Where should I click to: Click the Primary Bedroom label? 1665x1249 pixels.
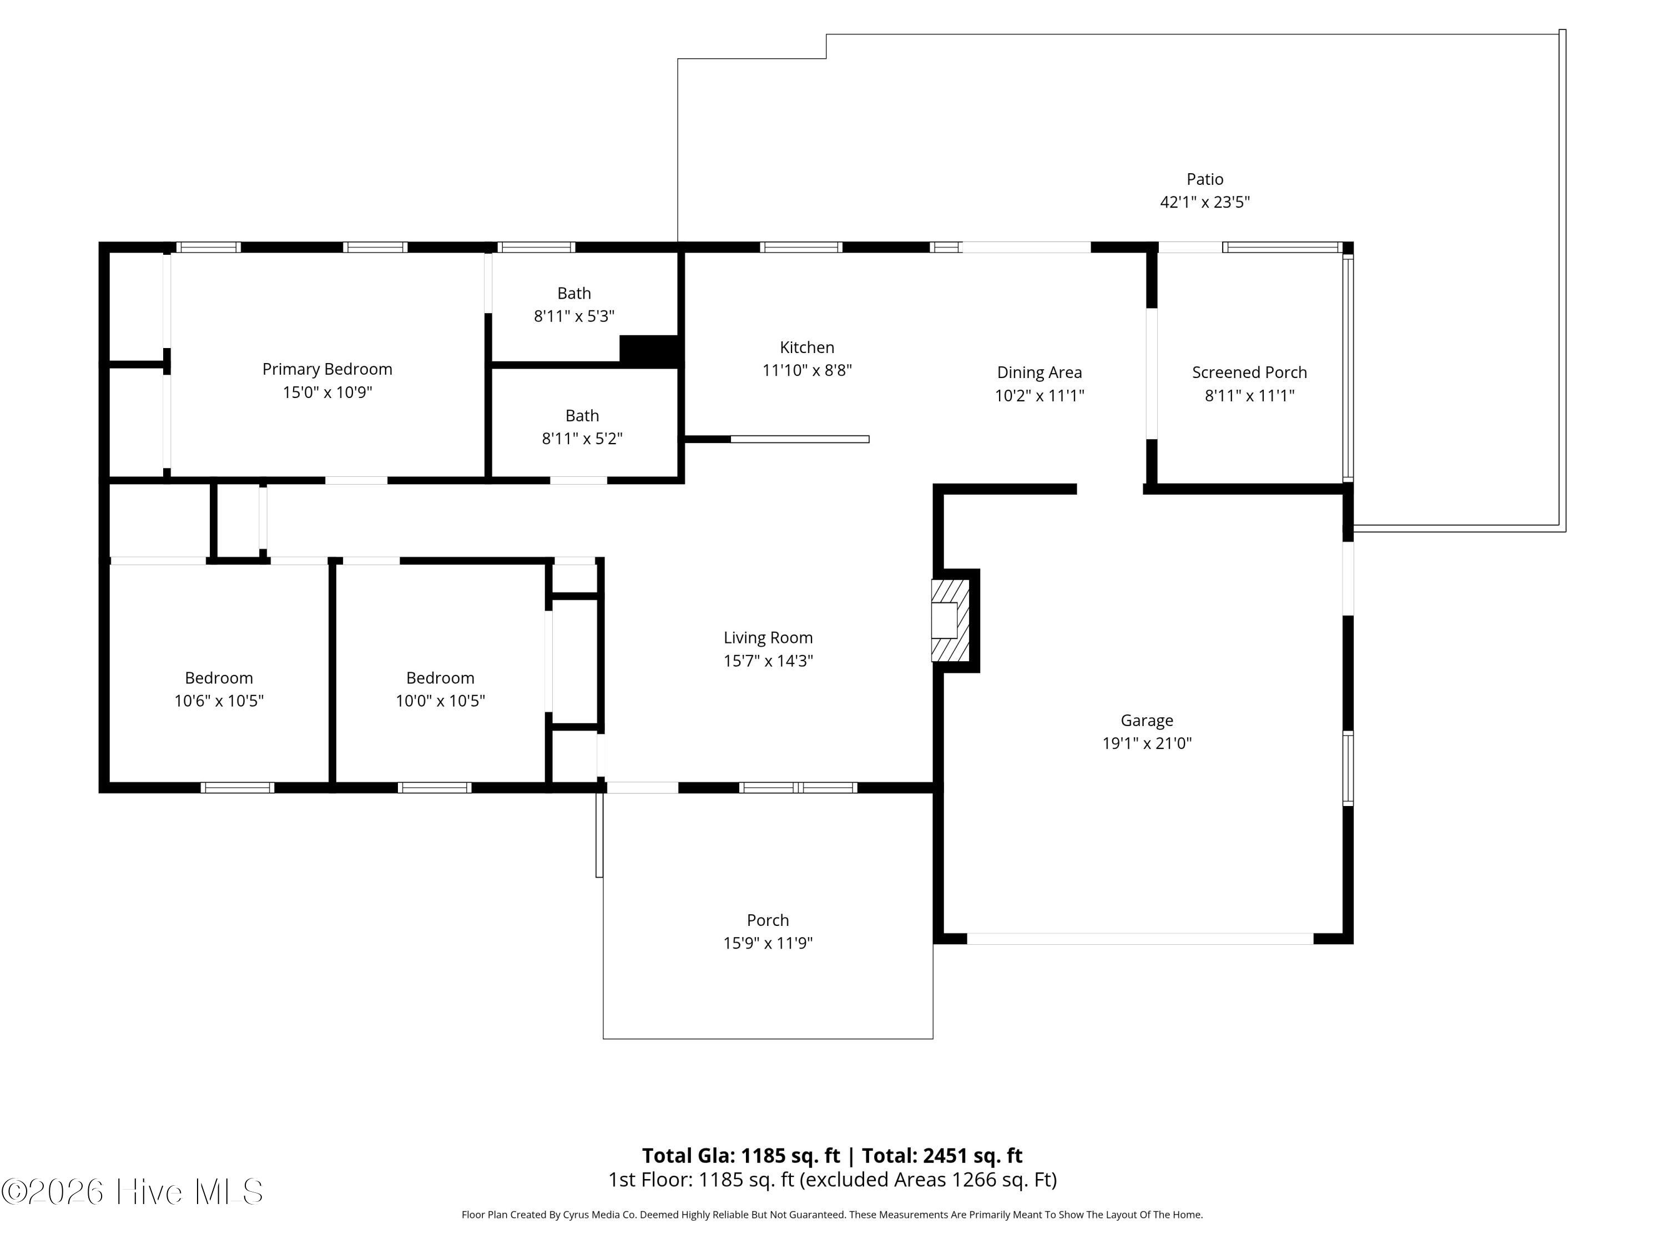click(327, 369)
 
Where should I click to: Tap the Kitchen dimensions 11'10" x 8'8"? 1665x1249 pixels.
click(807, 370)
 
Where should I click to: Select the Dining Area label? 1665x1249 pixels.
click(1040, 372)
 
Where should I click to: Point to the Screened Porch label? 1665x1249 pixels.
click(1249, 372)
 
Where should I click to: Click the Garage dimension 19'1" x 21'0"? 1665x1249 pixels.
click(1147, 744)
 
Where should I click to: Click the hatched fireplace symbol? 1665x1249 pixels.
click(950, 621)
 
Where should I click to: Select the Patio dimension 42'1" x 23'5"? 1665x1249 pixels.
click(1205, 202)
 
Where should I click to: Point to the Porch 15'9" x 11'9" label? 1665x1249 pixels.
click(768, 931)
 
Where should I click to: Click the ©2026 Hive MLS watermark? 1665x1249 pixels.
click(133, 1192)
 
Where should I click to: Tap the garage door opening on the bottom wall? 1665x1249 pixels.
click(1141, 939)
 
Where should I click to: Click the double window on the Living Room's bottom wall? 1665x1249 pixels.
click(798, 788)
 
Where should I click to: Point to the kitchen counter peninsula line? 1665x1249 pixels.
click(799, 439)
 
